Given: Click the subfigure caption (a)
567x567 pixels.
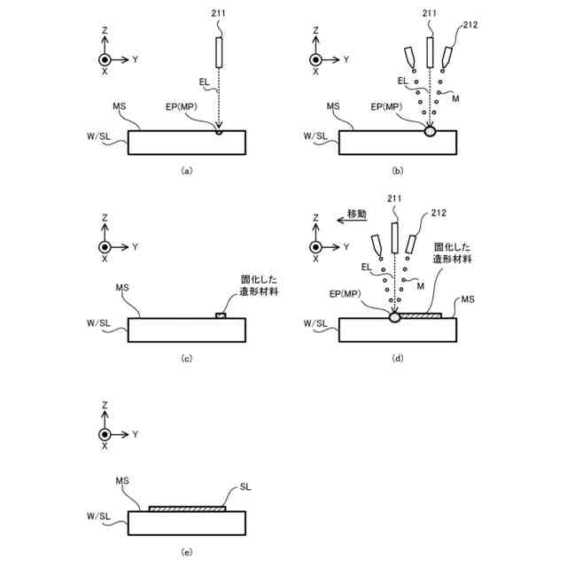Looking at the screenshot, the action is [186, 171].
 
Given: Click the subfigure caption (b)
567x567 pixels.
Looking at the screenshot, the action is [398, 171].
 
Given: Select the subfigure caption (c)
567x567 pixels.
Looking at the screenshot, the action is [186, 359].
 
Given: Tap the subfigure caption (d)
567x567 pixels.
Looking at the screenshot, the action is [398, 359].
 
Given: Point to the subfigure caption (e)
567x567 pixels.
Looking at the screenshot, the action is [186, 551].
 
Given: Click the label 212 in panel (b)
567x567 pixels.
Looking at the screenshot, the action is [470, 25].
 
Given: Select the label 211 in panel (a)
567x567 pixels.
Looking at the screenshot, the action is [219, 12].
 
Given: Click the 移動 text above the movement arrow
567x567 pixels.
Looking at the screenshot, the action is [356, 214].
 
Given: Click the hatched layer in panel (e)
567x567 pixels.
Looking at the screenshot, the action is [186, 509].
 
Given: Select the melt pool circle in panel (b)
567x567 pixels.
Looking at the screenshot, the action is [431, 131].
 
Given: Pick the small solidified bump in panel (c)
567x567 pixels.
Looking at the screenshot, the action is [221, 315].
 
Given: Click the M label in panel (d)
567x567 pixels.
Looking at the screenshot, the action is [420, 285].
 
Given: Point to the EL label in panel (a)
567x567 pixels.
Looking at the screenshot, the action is [204, 82].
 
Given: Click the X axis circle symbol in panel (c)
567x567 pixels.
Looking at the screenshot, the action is [105, 246].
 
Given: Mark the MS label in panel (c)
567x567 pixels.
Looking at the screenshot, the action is [123, 289].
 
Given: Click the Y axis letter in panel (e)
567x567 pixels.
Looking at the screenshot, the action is [135, 434].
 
